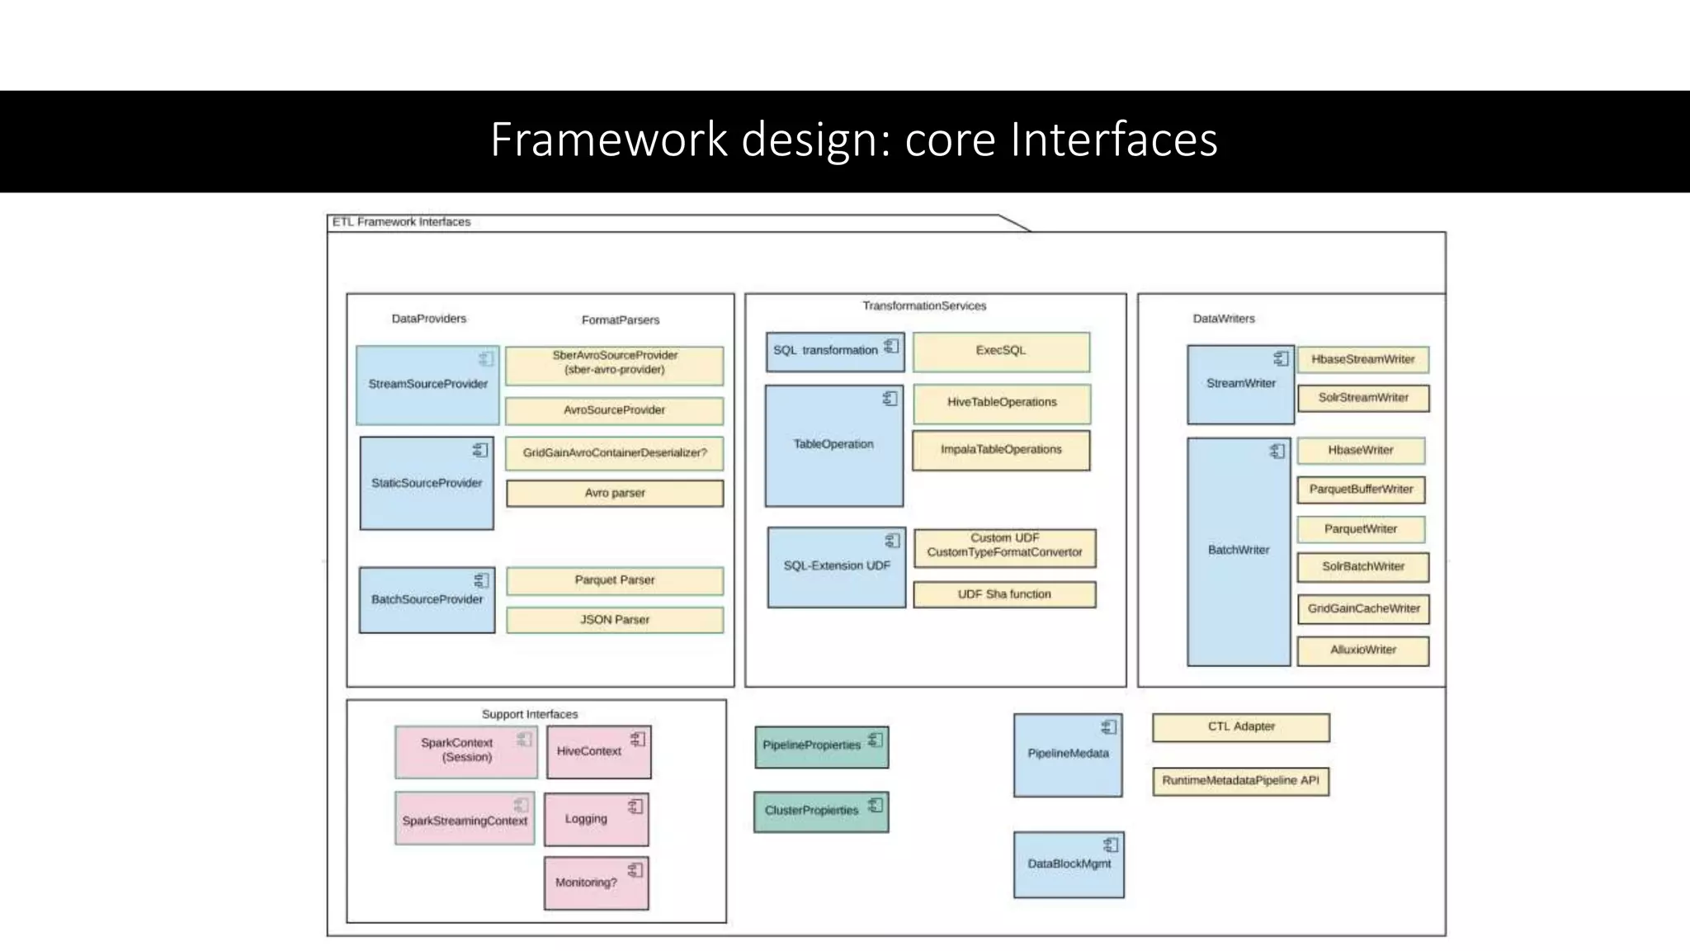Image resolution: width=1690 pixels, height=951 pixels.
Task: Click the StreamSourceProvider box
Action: click(x=427, y=385)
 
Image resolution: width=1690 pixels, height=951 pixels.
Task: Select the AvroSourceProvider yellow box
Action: click(x=614, y=410)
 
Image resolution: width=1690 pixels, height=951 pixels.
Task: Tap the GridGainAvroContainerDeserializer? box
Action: click(x=614, y=453)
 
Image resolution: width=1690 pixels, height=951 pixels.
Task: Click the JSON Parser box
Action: click(x=614, y=620)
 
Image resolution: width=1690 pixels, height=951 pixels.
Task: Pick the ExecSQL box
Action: click(x=1000, y=351)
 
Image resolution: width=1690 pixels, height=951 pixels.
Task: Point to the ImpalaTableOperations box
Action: click(x=1000, y=450)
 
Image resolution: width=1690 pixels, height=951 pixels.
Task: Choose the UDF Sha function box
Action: click(x=1003, y=594)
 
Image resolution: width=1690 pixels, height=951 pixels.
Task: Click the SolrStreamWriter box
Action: click(x=1362, y=398)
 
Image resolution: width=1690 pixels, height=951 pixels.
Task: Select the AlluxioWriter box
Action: click(x=1362, y=651)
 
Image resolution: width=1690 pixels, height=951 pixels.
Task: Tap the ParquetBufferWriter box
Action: click(x=1360, y=490)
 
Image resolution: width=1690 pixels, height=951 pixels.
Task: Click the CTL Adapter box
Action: click(x=1240, y=727)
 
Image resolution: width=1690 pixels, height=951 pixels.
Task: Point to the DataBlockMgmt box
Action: click(x=1068, y=864)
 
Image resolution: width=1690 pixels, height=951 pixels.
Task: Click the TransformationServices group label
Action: click(x=924, y=306)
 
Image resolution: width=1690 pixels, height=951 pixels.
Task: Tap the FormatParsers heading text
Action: click(x=620, y=320)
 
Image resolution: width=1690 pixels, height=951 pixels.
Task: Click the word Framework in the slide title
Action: click(x=609, y=140)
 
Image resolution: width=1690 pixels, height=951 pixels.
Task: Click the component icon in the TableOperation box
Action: click(x=890, y=399)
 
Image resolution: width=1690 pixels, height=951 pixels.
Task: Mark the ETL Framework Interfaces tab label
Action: click(x=401, y=222)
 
